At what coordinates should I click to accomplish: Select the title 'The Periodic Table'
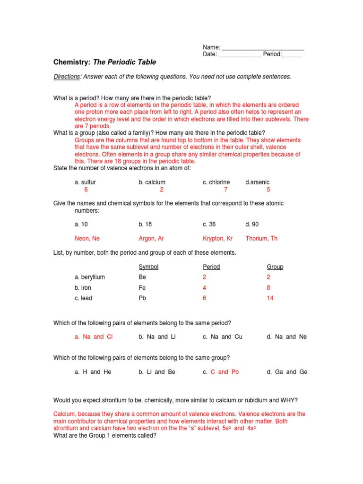coord(124,62)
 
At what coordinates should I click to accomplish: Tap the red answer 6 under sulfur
coord(86,190)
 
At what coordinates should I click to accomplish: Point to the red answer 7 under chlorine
coord(226,190)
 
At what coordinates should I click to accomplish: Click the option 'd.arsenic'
coord(258,182)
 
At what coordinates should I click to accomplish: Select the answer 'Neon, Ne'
coord(87,238)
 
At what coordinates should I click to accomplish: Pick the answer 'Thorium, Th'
coord(261,238)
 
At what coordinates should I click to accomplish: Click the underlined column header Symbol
coord(148,267)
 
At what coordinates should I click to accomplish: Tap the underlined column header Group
coord(275,267)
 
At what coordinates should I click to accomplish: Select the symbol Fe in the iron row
coord(142,288)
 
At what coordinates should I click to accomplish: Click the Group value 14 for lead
coord(270,298)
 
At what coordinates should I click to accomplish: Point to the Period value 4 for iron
coord(205,288)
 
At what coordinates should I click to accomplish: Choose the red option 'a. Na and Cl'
coord(94,337)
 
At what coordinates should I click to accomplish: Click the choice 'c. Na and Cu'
coord(222,337)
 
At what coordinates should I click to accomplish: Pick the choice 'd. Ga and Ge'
coord(287,372)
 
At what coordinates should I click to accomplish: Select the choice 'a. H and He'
coord(93,372)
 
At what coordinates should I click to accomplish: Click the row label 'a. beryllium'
coord(89,277)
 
